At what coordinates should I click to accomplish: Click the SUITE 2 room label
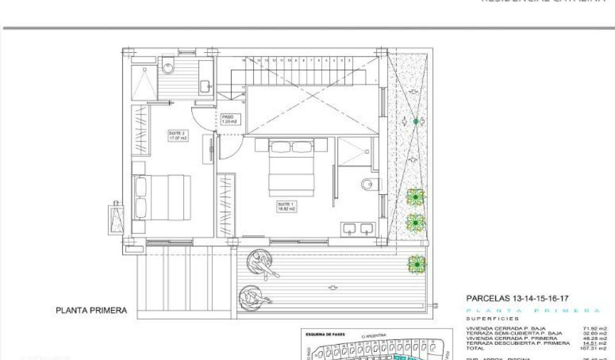178,135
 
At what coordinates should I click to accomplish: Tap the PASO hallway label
229,119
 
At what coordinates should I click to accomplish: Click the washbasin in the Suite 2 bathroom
205,86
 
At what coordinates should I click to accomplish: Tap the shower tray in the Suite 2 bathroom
143,82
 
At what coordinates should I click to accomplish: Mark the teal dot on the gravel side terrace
416,122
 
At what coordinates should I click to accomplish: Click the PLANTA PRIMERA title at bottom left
92,310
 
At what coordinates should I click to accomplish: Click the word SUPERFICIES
492,319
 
